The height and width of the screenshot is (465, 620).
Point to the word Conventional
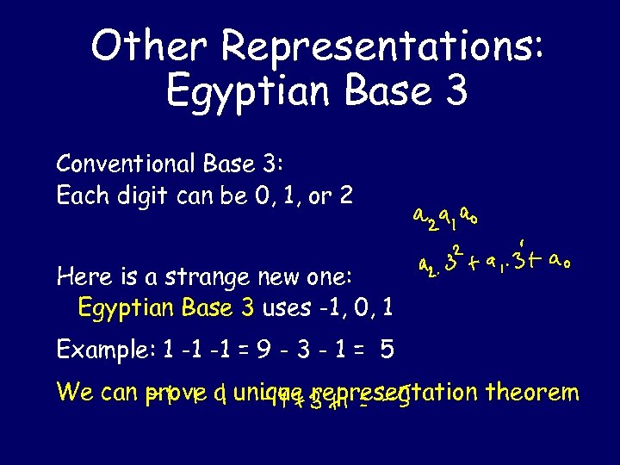pos(127,164)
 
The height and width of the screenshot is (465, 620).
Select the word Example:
pos(101,349)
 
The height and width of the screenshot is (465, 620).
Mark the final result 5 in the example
pos(387,349)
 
